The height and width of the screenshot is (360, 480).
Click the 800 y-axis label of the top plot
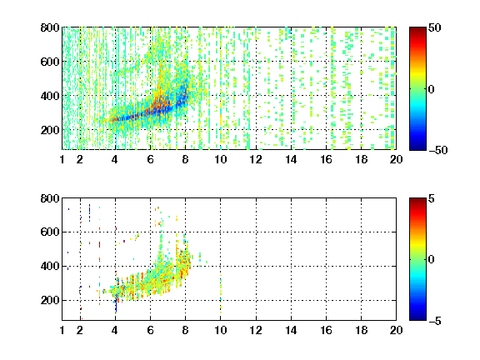pyautogui.click(x=50, y=27)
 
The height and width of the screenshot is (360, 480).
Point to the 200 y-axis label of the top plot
pyautogui.click(x=50, y=130)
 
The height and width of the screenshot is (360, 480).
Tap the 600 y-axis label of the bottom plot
pyautogui.click(x=50, y=232)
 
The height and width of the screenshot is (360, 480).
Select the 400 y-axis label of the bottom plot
pyautogui.click(x=50, y=266)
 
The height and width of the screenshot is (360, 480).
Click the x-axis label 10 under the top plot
pyautogui.click(x=220, y=159)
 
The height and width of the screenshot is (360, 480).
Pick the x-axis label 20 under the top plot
pyautogui.click(x=396, y=159)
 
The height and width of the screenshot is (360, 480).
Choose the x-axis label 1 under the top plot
pyautogui.click(x=62, y=159)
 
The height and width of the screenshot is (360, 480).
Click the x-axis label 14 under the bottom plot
pyautogui.click(x=291, y=330)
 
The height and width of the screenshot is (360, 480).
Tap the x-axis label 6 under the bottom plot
pyautogui.click(x=150, y=330)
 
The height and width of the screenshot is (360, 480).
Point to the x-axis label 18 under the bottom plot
pyautogui.click(x=361, y=330)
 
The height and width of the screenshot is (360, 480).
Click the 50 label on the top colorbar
pyautogui.click(x=434, y=27)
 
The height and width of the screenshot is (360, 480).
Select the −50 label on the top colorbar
pyautogui.click(x=437, y=150)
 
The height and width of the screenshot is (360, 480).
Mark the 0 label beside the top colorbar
pyautogui.click(x=431, y=89)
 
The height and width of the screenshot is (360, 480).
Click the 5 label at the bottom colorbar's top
pyautogui.click(x=432, y=198)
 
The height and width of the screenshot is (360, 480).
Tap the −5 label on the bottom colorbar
pyautogui.click(x=435, y=321)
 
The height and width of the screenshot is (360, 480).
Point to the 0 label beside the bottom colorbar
pyautogui.click(x=431, y=260)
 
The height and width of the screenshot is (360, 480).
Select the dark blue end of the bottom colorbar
pyautogui.click(x=417, y=317)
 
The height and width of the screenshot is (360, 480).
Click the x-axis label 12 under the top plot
pyautogui.click(x=256, y=159)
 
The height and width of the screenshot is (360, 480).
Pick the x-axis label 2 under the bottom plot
pyautogui.click(x=80, y=330)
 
